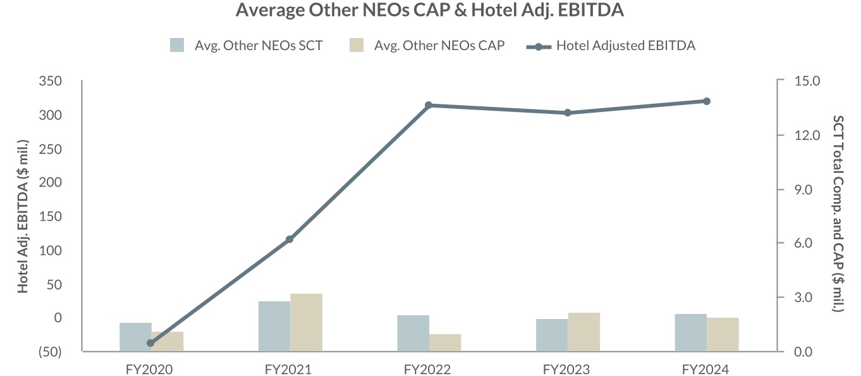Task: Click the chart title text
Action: point(430,10)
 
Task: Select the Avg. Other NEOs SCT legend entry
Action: point(247,46)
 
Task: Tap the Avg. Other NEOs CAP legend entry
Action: point(427,46)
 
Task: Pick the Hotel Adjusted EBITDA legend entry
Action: point(612,46)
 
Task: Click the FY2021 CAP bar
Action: point(306,322)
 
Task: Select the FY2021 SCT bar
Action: point(274,326)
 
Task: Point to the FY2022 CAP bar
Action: point(445,342)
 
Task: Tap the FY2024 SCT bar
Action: point(690,332)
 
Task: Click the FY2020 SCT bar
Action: point(135,337)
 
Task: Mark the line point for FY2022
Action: point(429,105)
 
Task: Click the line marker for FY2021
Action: point(290,239)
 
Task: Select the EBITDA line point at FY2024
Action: point(707,101)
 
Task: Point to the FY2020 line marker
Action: point(150,343)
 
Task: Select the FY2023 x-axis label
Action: point(568,370)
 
